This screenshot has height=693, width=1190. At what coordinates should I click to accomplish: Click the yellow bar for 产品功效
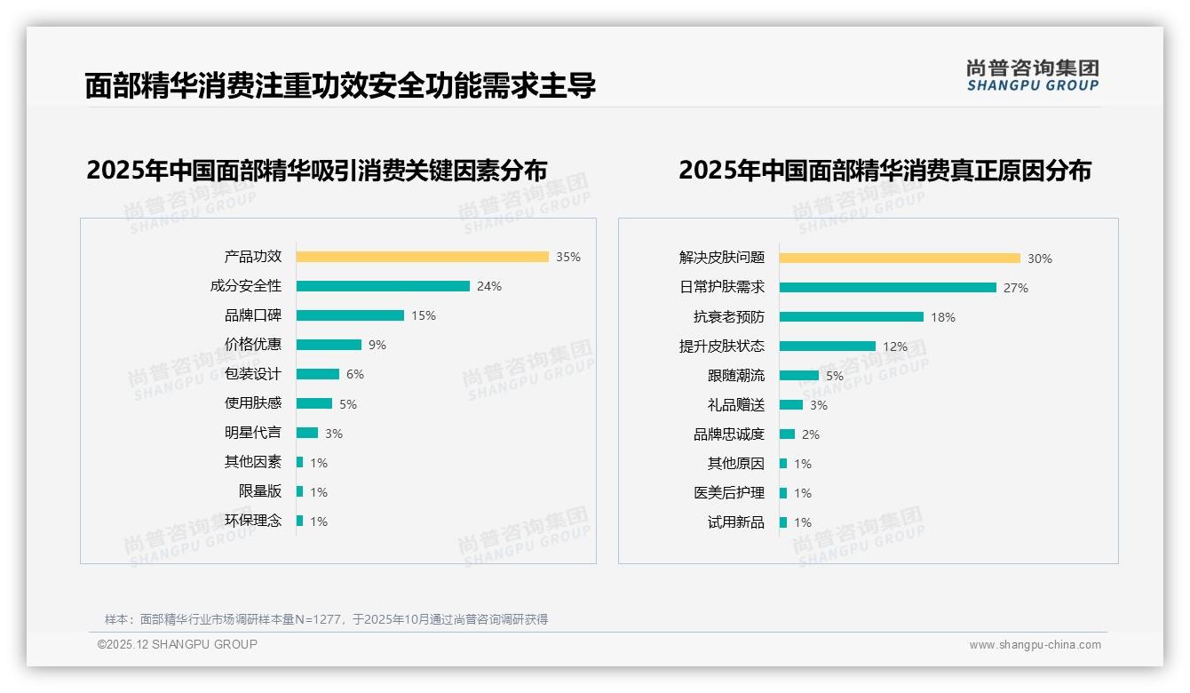click(422, 257)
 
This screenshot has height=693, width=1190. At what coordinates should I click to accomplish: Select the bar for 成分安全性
click(383, 286)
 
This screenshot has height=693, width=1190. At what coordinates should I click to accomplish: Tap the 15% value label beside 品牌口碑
click(424, 315)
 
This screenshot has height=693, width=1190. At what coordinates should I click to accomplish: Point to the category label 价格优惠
click(252, 345)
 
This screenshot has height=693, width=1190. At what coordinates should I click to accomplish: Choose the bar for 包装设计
click(318, 374)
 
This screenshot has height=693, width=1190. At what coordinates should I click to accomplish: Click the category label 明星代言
click(252, 433)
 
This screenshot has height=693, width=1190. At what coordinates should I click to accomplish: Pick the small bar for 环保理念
click(300, 521)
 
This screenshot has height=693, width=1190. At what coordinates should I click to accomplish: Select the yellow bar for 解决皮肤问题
click(900, 259)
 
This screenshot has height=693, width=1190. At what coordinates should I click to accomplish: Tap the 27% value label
click(1016, 288)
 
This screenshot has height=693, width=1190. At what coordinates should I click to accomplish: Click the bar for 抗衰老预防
click(852, 317)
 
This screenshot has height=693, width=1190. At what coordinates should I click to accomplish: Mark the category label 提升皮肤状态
click(721, 346)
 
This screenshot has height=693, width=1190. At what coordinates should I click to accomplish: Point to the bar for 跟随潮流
click(799, 376)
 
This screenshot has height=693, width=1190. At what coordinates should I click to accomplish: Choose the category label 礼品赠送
click(735, 405)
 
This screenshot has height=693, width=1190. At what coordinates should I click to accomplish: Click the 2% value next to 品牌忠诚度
click(810, 434)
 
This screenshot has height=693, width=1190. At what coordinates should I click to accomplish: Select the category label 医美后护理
click(728, 493)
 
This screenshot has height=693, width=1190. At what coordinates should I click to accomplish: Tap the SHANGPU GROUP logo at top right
click(1032, 76)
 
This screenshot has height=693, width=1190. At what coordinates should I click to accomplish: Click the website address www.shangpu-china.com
click(1035, 645)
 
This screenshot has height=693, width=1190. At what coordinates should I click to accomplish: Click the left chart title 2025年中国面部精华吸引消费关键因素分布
click(316, 170)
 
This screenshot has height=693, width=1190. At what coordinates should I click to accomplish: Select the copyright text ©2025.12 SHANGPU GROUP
click(178, 644)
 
